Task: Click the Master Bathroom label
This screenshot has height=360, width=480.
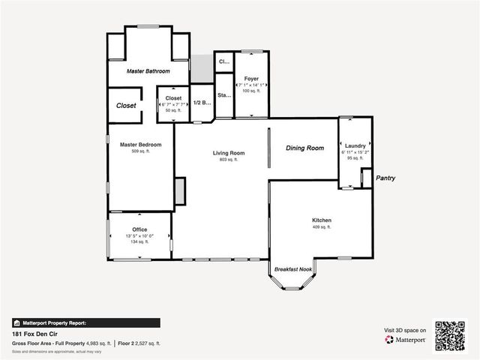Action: [148, 71]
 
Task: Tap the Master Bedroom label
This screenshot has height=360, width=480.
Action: [141, 144]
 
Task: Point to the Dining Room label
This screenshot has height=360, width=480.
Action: [304, 148]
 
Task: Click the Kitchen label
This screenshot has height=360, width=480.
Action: [322, 220]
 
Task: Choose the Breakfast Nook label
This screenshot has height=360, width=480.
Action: [292, 268]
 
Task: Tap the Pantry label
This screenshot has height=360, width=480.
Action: [385, 178]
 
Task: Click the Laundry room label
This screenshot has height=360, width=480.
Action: [355, 145]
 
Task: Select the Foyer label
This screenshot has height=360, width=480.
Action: [251, 78]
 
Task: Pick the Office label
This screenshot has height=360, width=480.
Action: [139, 229]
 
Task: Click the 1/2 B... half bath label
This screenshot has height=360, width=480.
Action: [202, 103]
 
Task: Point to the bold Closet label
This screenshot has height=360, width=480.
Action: [126, 106]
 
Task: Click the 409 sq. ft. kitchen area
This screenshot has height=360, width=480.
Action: [322, 226]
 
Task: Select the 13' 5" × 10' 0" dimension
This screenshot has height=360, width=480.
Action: [139, 235]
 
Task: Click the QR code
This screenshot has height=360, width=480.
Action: [450, 334]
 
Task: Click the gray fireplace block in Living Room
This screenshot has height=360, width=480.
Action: [179, 191]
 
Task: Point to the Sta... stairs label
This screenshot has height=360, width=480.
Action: [223, 96]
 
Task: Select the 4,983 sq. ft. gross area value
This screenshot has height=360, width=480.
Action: [96, 343]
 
